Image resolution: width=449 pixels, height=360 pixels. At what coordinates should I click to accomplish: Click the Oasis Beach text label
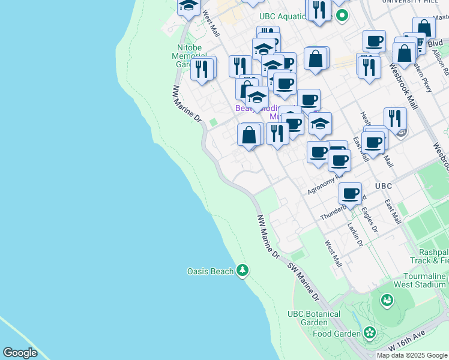tap(209, 271)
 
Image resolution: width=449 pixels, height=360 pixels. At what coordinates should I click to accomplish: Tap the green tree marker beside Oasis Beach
tap(242, 271)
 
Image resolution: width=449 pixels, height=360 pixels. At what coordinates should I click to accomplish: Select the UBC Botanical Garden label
tap(313, 318)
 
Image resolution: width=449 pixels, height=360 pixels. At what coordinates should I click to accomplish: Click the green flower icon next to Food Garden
tap(370, 332)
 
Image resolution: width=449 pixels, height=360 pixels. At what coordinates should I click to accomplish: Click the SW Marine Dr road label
tap(303, 282)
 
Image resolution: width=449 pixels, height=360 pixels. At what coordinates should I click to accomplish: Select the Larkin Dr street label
tap(355, 233)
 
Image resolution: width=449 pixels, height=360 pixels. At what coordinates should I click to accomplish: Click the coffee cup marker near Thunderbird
tap(350, 194)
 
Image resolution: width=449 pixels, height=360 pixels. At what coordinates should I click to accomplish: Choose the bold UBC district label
tap(384, 186)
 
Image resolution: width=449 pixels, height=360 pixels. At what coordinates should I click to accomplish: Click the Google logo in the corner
tap(20, 352)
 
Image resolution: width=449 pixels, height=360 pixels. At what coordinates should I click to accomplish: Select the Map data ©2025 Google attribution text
tap(412, 355)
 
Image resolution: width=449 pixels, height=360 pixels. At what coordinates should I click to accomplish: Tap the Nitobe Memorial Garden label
tap(189, 56)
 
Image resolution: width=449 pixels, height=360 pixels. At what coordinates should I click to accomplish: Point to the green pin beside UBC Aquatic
tap(342, 16)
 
